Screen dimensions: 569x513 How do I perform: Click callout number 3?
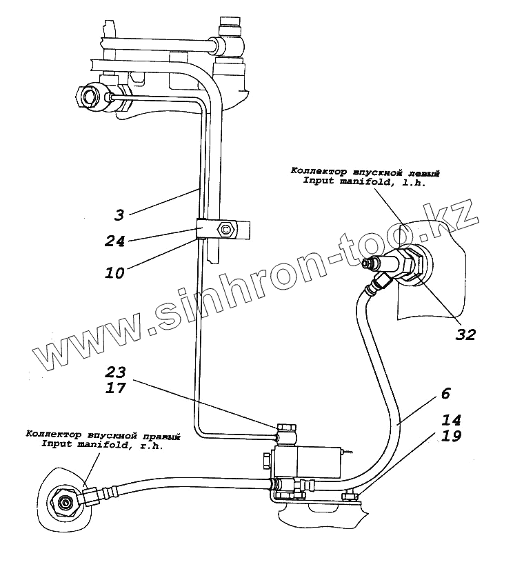pos(119,215)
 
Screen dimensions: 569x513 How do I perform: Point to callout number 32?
pos(466,335)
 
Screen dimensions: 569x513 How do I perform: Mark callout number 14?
pos(453,419)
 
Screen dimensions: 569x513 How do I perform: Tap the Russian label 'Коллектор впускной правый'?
pos(103,435)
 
